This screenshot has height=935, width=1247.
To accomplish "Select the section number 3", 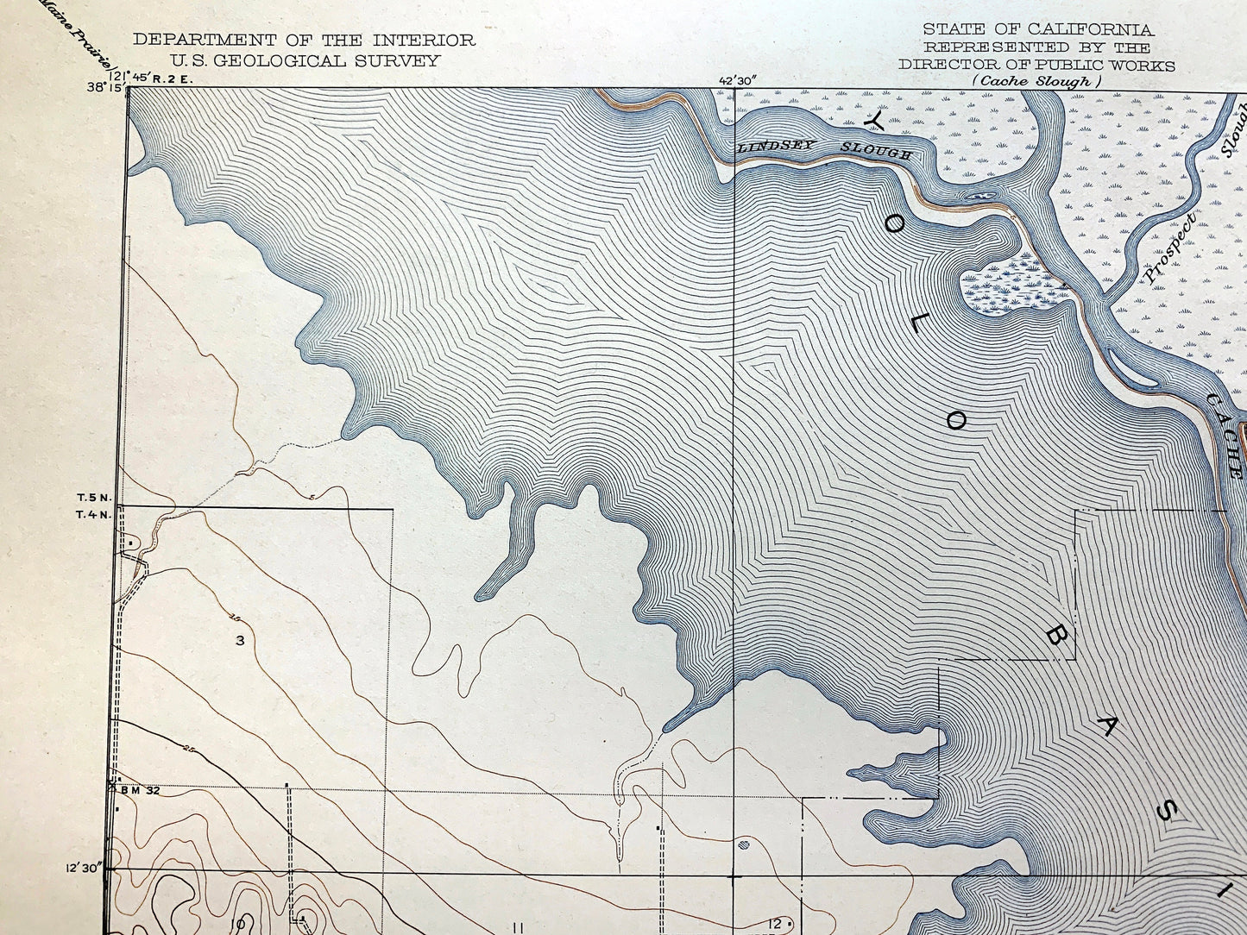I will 240,640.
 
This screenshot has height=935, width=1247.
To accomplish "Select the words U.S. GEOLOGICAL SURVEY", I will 305,60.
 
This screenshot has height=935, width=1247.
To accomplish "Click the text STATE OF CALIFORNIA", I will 1036,29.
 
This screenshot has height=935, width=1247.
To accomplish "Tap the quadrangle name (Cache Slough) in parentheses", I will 1036,81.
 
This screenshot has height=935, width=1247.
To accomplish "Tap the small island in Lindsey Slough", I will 979,197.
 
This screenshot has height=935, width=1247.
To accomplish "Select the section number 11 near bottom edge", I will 518,927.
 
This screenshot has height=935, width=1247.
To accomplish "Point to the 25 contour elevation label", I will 186,744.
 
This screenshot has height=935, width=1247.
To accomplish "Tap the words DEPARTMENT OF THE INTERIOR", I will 304,40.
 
